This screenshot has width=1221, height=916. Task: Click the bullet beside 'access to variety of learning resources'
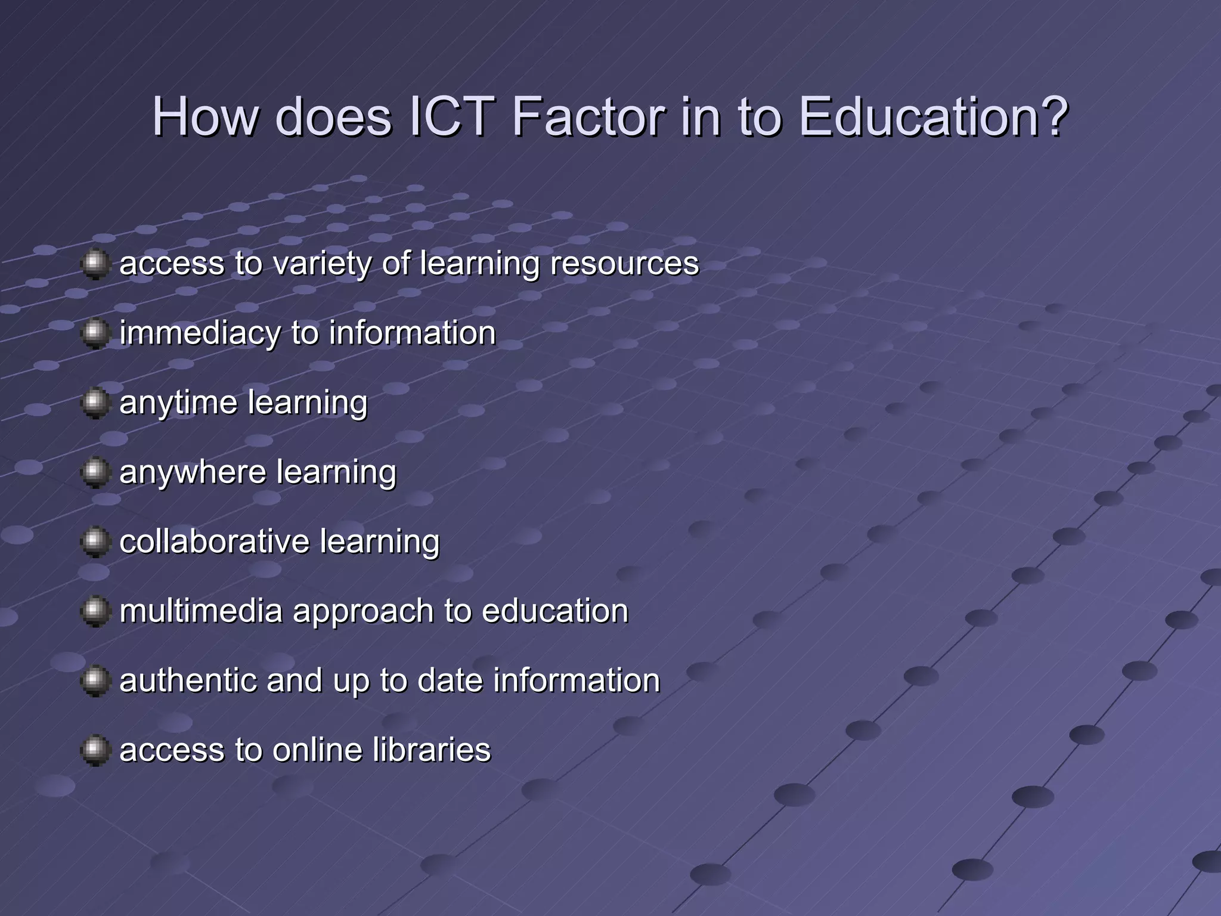click(x=95, y=264)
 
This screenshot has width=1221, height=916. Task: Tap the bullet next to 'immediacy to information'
click(x=95, y=333)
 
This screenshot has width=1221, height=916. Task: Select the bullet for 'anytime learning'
click(x=95, y=403)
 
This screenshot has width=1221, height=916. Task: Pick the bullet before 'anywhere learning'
click(x=95, y=473)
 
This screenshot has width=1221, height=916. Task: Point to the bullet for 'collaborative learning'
click(x=95, y=542)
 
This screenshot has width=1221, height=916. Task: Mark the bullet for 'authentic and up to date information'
click(x=95, y=681)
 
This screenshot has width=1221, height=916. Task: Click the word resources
click(x=624, y=264)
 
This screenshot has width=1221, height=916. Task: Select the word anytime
click(x=178, y=404)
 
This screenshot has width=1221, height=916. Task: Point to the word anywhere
click(x=193, y=472)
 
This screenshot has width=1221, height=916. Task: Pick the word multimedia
click(x=201, y=611)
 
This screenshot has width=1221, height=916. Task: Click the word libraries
click(x=432, y=750)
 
